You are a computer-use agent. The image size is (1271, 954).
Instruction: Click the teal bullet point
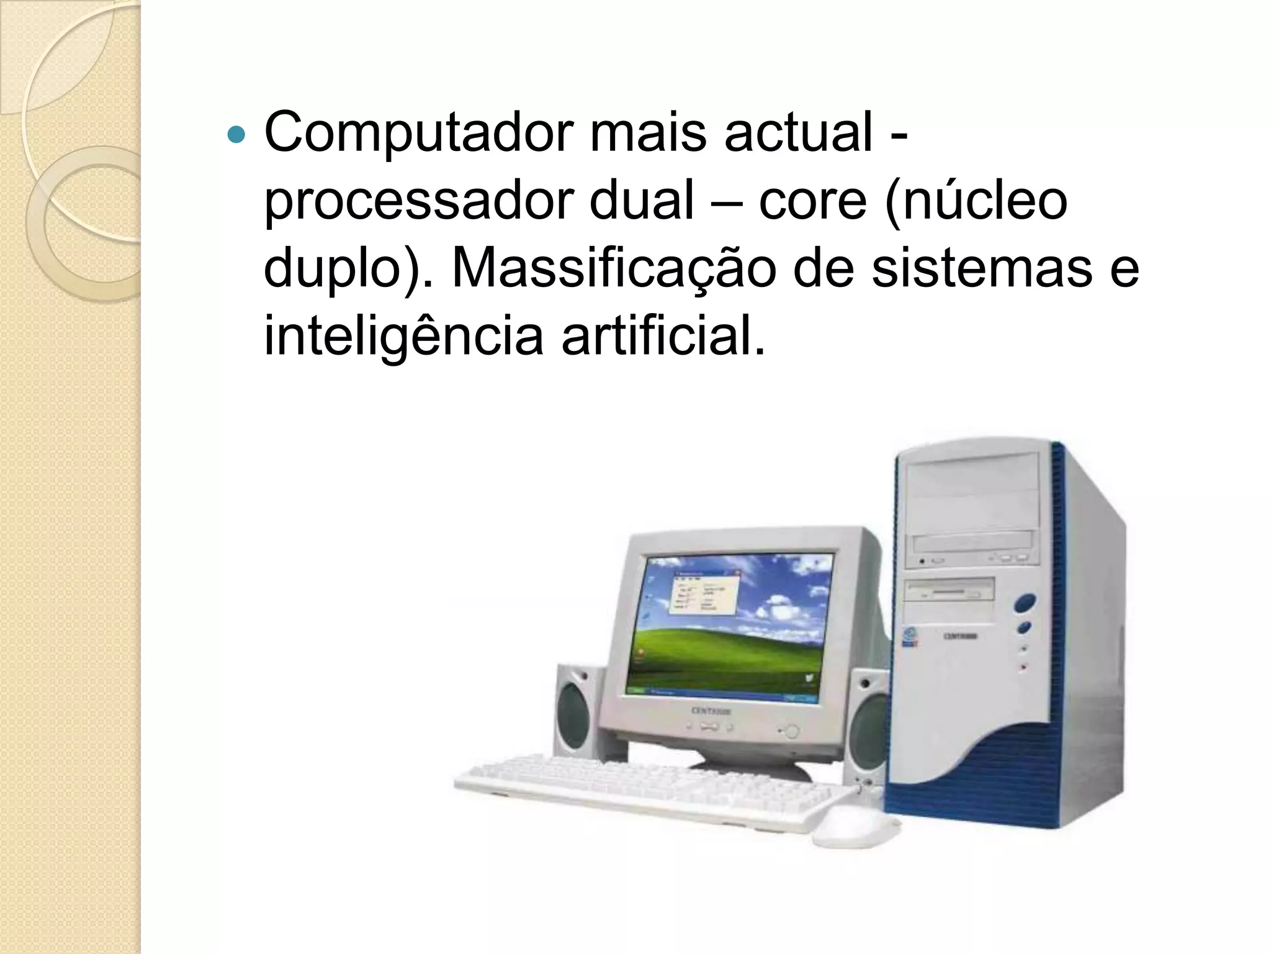[x=236, y=134]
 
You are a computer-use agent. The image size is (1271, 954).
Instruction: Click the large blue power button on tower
[x=1025, y=602]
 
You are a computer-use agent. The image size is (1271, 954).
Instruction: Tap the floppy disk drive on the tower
[x=950, y=589]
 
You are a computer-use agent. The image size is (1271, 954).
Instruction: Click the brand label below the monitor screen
[x=711, y=711]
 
